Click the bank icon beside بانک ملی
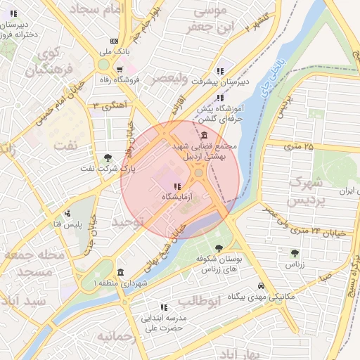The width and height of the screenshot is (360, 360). [x=113, y=41]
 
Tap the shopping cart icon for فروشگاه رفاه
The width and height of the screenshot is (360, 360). [x=120, y=69]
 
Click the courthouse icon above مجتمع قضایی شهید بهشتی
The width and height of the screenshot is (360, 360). [x=204, y=135]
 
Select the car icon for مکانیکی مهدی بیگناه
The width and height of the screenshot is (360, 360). [x=262, y=286]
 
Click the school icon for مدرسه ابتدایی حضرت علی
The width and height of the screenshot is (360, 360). [x=164, y=307]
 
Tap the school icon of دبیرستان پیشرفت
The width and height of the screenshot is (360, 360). [x=220, y=71]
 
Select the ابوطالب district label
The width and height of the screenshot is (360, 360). [x=199, y=301]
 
